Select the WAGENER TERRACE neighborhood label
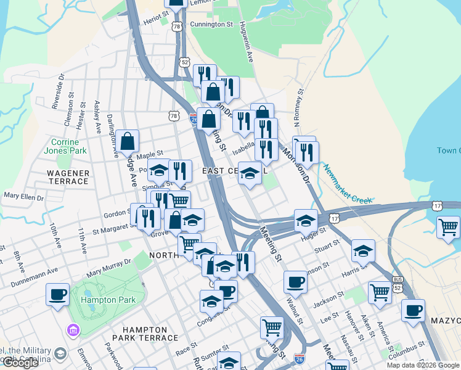pos(68,177)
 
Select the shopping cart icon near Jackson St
pos(380,292)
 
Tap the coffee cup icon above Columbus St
pos(413,310)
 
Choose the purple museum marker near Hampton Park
pos(73,331)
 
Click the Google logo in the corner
pos(20,363)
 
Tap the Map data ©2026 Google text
pos(422,365)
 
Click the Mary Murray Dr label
pos(109,266)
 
